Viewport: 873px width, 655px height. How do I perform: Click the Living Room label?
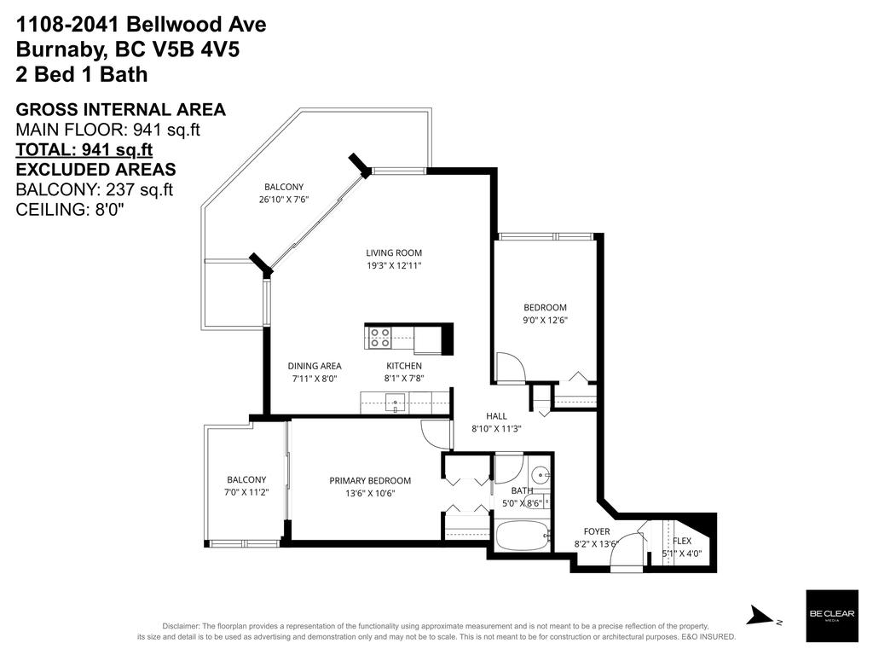394,252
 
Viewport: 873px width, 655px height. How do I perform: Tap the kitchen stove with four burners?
379,339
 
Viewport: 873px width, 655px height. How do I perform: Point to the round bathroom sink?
539,474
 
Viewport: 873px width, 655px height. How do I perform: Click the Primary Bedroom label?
370,480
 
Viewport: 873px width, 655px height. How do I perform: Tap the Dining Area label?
314,366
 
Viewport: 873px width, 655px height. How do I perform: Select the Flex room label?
682,541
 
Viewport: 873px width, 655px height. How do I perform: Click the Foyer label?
596,531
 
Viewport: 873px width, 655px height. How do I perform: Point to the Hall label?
496,416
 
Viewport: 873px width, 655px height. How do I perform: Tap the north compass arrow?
758,616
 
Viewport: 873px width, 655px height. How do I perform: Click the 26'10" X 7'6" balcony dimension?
283,200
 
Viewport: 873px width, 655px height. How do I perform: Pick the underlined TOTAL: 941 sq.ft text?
84,149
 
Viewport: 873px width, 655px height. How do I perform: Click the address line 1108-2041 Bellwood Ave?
142,25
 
